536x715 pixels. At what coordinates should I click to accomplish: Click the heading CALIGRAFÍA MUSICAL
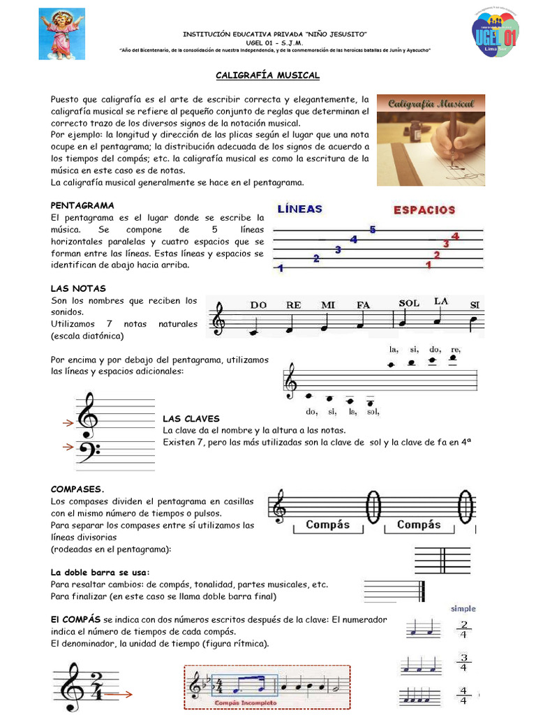tap(267, 75)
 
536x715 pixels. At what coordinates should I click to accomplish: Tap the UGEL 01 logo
tap(495, 35)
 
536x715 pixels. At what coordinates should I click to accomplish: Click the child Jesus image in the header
tap(61, 34)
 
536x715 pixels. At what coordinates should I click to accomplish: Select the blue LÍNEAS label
tap(300, 209)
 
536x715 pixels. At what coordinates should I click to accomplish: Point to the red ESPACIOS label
tap(424, 209)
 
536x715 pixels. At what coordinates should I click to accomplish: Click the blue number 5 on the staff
tap(373, 230)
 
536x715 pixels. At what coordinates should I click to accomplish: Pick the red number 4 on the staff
tap(455, 236)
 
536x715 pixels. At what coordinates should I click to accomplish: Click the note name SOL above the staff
tap(409, 303)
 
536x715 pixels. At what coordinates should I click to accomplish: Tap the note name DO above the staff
tap(259, 304)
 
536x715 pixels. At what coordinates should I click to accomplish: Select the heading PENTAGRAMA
tap(82, 205)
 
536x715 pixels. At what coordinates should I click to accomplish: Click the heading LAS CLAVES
tap(191, 418)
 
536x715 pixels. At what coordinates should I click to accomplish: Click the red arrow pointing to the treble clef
tap(68, 422)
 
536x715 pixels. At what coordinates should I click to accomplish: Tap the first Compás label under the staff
tap(327, 524)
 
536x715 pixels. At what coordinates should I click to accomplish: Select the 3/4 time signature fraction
tap(463, 663)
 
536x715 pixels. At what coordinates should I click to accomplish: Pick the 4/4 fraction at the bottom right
tap(463, 697)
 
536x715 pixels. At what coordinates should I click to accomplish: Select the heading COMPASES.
tap(77, 489)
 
